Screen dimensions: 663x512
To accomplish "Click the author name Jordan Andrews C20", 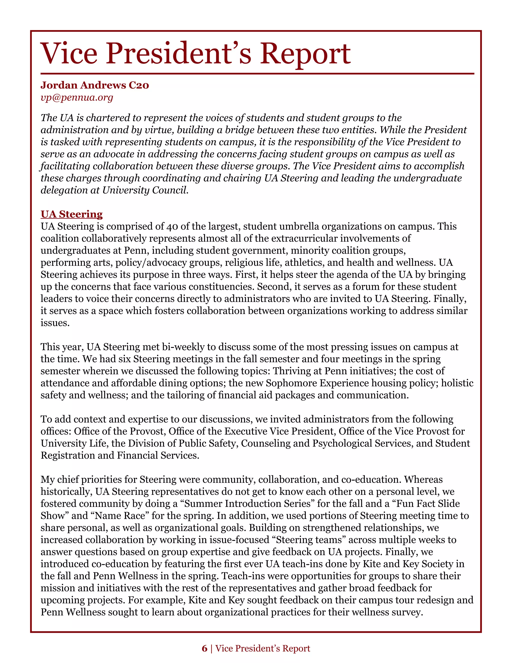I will [x=95, y=85].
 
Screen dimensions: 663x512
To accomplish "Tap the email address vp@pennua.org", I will [x=77, y=97].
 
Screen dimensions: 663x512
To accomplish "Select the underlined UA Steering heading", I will [x=71, y=214].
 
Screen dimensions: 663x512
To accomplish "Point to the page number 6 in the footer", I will [x=204, y=648].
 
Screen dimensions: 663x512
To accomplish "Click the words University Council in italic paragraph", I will [x=145, y=190].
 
